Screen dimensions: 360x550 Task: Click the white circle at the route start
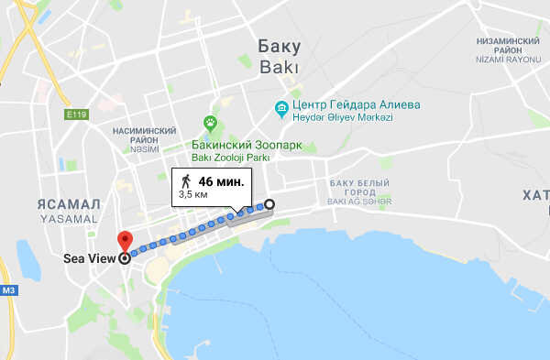[x=270, y=204]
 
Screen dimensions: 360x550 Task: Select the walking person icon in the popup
[x=186, y=180]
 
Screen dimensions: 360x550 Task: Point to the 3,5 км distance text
[x=192, y=194]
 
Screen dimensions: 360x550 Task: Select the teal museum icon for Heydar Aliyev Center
[x=282, y=109]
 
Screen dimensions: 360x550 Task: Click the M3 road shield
[x=9, y=291]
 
